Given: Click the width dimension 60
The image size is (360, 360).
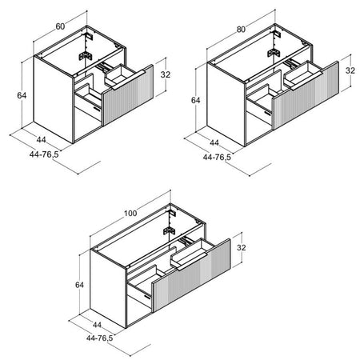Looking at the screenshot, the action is point(60,26).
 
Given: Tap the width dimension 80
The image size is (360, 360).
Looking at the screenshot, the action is point(241,30).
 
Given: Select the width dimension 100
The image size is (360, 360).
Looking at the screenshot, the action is point(130,213).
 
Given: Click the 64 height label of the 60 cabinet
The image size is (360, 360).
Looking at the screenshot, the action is point(22,95).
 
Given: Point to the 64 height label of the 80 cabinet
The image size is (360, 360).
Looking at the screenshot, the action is point(195,100).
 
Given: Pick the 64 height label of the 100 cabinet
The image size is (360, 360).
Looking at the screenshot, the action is point(79,285).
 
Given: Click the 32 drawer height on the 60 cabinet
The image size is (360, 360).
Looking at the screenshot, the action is point(166,74).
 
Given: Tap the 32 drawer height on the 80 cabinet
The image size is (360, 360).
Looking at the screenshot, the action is point(350,70).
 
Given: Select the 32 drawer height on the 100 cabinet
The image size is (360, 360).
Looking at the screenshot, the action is point(242,247).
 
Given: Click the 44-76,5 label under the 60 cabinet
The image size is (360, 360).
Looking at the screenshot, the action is point(44,154).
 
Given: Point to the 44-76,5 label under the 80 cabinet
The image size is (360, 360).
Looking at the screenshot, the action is point(217,157).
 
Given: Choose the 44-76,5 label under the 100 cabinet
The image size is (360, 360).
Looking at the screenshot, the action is point(100,338).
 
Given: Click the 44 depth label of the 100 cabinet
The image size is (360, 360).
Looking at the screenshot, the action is point(97,325).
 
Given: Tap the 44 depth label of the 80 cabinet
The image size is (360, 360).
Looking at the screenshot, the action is point(214,143).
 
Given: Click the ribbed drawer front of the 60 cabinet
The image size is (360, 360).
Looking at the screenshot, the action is point(128,94).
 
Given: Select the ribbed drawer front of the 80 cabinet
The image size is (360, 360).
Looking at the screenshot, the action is point(306,95).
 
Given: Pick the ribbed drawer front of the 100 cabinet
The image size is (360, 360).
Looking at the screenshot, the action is point(191,275).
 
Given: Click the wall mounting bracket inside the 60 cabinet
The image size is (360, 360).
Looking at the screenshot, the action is point(86,55).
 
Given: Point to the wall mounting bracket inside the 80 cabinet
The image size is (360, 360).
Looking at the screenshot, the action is point(274,53).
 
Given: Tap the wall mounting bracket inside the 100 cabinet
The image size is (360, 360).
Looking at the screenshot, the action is point(169,231).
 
